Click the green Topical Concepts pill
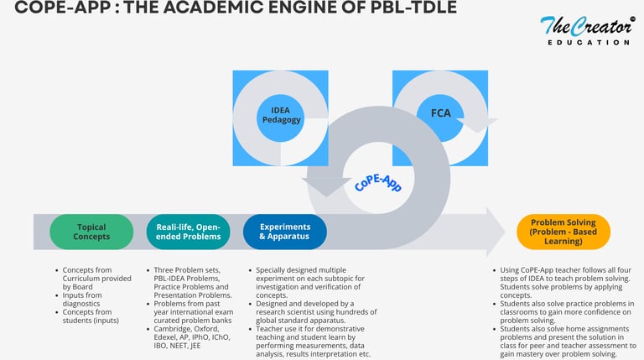pyautogui.click(x=91, y=232)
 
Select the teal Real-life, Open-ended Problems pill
pyautogui.click(x=188, y=232)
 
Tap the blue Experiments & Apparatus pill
pyautogui.click(x=285, y=232)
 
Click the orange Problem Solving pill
pyautogui.click(x=563, y=232)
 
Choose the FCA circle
pyautogui.click(x=440, y=112)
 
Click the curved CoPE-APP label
pyautogui.click(x=380, y=174)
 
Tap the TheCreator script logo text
pyautogui.click(x=584, y=25)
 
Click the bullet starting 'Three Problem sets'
pyautogui.click(x=193, y=270)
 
